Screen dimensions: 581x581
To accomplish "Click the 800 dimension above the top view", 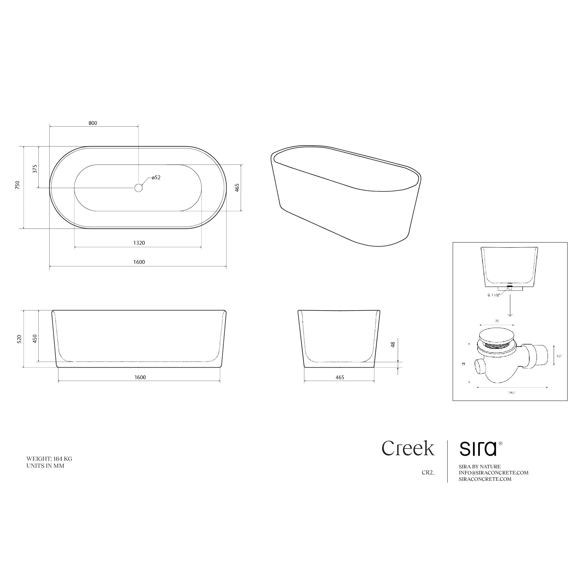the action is coord(93,123).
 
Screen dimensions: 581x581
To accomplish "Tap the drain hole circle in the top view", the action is coord(138,188).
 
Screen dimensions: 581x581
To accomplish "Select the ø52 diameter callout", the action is coord(156,177).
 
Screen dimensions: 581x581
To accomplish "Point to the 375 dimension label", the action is coord(35,169).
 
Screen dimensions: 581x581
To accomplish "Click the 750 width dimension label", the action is coord(17,185).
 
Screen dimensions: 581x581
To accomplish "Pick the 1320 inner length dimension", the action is coord(139,243).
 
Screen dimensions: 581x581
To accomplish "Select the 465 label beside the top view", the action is coord(237,188).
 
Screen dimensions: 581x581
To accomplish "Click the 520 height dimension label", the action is coord(19,339).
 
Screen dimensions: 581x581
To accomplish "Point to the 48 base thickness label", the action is coord(393,345).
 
